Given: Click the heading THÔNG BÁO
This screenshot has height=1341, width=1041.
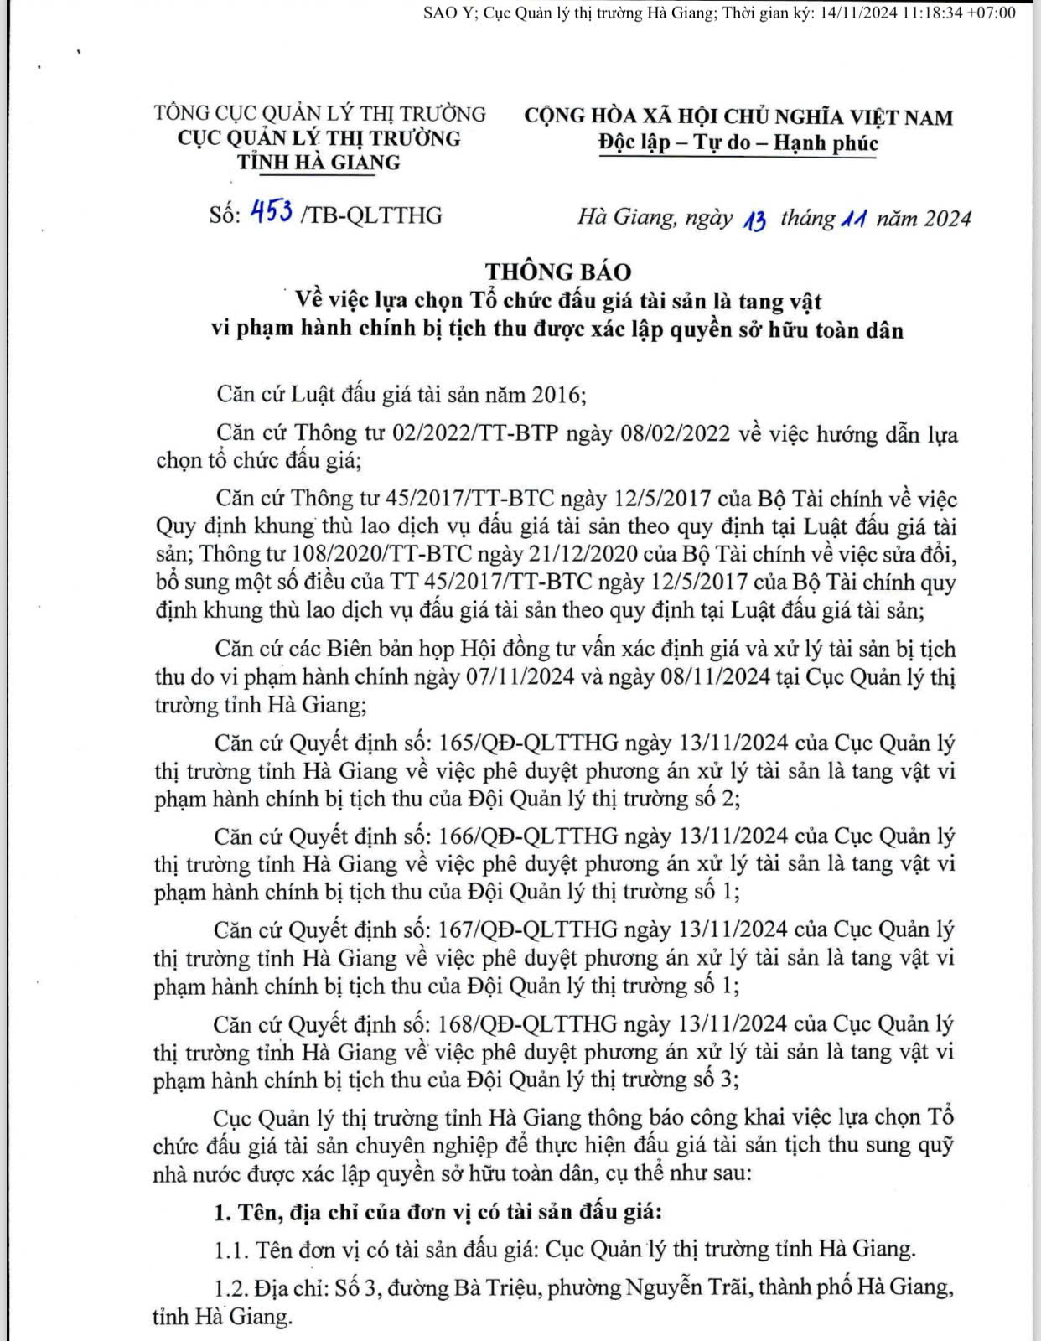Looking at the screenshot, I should [x=558, y=272].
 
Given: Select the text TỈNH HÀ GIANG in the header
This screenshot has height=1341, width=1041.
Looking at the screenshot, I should [x=319, y=162].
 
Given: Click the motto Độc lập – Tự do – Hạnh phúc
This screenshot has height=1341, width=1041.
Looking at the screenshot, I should [x=738, y=142].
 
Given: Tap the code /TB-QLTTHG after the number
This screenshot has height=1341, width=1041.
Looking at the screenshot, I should [x=370, y=215].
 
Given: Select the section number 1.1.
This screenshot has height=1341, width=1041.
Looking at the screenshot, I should [x=231, y=1250].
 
